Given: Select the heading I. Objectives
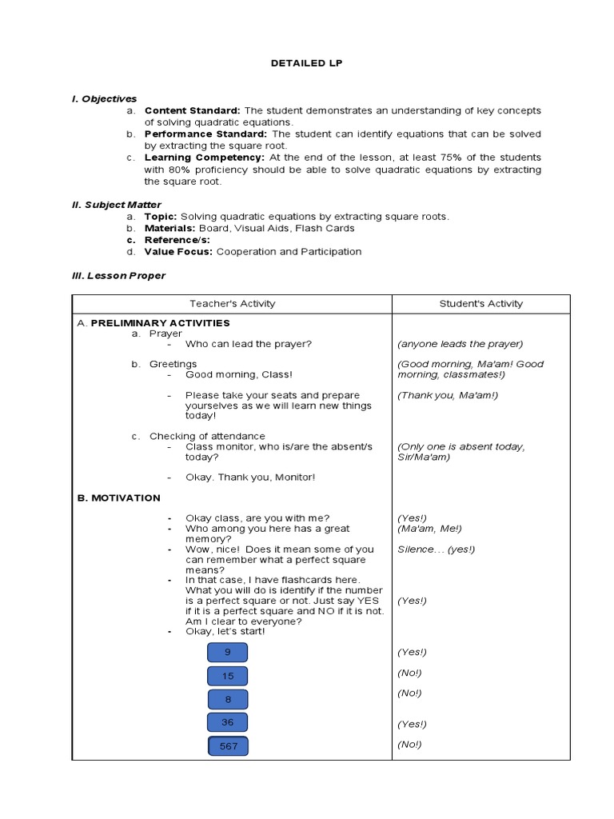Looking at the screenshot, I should [104, 98].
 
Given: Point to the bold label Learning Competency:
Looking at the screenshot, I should [204, 158].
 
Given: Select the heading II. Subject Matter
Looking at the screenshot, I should [117, 205].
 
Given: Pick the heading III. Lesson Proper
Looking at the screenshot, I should [118, 275].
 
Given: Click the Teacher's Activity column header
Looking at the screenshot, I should [232, 304].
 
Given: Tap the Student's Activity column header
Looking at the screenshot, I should [480, 304].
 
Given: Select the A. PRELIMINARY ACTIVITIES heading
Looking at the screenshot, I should [153, 323].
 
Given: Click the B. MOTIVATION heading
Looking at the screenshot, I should [118, 497].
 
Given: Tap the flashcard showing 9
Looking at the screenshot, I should [227, 653].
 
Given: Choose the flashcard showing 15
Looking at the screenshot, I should [228, 676].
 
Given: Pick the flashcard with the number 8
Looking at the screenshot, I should [228, 699].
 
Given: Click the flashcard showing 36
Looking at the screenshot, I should [228, 722].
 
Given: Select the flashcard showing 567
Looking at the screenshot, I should [228, 746].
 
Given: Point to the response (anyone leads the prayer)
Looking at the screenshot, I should [460, 344].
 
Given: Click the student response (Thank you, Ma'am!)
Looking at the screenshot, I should [447, 395].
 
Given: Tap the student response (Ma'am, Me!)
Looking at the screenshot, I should [429, 529].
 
